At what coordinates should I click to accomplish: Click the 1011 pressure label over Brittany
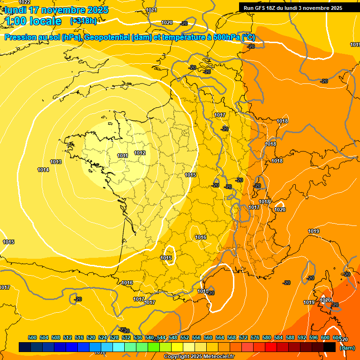click(x=123, y=156)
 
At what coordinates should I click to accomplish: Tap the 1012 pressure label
click(x=140, y=153)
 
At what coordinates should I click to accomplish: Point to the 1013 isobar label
click(x=56, y=162)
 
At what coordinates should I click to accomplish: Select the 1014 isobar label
click(x=43, y=170)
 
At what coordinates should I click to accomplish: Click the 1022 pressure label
click(x=24, y=2)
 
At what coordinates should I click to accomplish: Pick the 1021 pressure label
click(x=151, y=10)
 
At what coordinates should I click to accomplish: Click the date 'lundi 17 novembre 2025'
click(x=56, y=10)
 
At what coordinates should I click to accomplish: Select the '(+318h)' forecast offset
click(x=83, y=21)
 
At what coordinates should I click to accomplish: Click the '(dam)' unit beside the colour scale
click(x=347, y=348)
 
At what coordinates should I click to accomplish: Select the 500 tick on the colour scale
click(x=32, y=337)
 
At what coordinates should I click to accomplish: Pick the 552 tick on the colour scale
click(x=185, y=337)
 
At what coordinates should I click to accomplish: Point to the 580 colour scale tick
click(x=267, y=337)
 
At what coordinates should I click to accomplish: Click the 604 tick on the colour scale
click(x=337, y=337)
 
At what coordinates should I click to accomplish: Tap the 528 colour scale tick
click(x=114, y=337)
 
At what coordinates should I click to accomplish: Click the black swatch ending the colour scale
click(x=330, y=347)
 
